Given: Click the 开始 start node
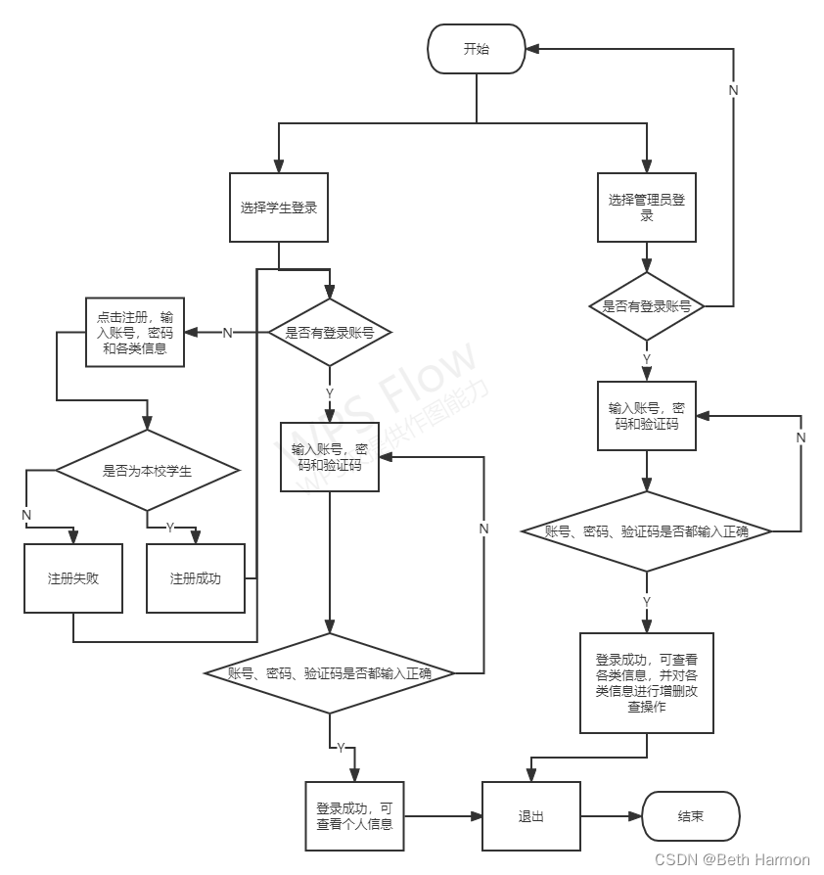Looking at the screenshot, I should (476, 49).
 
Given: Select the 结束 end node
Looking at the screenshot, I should (690, 816).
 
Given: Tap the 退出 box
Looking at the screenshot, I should (530, 816).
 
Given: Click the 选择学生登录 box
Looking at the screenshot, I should (279, 207).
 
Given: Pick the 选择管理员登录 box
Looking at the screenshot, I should (646, 207).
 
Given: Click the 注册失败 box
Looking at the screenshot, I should (73, 577).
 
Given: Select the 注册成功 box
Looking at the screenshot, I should (196, 577).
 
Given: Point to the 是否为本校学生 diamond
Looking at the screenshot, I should (147, 471).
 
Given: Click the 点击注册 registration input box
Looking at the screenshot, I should (135, 333).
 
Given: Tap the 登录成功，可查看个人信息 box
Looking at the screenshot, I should (353, 816).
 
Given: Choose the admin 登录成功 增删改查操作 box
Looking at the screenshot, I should (646, 682).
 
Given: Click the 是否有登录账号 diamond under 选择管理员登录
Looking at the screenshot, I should (646, 306).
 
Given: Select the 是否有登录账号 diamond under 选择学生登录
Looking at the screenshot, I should (329, 333).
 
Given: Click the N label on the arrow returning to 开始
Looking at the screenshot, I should (733, 90).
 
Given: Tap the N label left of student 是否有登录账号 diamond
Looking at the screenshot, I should (227, 333).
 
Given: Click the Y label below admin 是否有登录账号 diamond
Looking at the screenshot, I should (646, 359).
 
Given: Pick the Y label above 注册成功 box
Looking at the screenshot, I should (170, 527).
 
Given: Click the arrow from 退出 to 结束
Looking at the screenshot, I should (611, 816).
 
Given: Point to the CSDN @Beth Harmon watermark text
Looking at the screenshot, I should (732, 859).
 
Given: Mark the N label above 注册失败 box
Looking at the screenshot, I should (26, 514).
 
